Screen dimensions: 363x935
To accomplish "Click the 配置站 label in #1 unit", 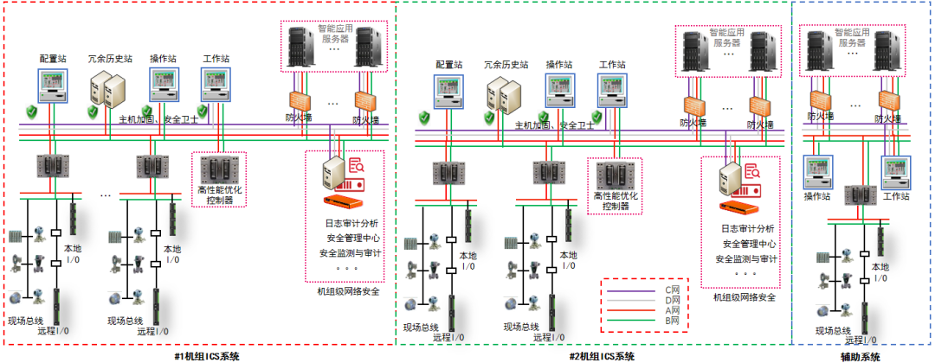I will (54, 58).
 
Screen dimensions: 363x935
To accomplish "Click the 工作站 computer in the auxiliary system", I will (897, 170).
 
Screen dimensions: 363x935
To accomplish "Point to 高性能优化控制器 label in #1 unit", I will (219, 194).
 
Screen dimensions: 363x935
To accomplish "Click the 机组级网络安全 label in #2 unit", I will (744, 297).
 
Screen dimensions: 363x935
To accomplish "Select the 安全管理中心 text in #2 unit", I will (744, 244).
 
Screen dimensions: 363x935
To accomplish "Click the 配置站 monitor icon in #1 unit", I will (54, 85).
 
